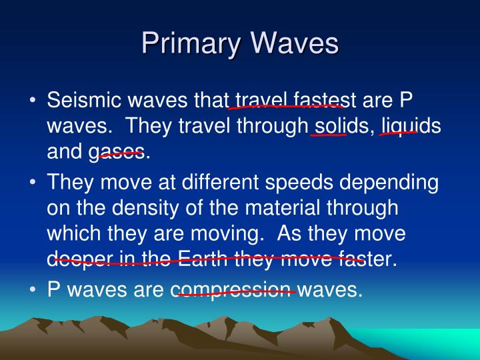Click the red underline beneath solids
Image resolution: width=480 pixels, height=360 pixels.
[328, 134]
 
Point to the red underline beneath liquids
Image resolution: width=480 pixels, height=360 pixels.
[398, 133]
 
